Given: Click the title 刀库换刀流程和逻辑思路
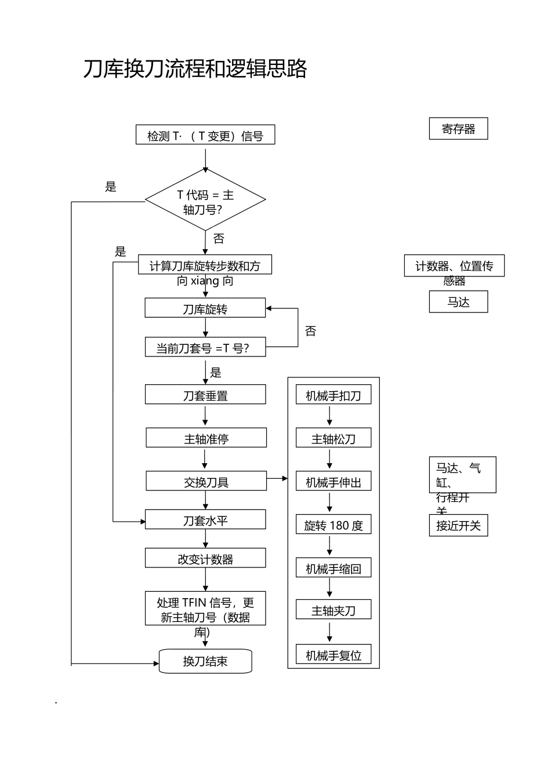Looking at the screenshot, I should [195, 68].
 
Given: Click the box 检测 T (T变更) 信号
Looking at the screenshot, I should [205, 135].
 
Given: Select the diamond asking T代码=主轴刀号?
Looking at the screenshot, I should [205, 200].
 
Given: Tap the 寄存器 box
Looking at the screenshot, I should [458, 129].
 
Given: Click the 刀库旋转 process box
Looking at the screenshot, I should [205, 308].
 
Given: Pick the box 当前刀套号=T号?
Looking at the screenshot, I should [205, 347].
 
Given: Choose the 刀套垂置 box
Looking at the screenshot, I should [205, 395].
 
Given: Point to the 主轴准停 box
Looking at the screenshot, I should [206, 438].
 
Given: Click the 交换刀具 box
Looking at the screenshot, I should [206, 481].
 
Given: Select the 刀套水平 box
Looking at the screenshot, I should [205, 520].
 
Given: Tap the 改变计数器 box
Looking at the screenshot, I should [205, 559].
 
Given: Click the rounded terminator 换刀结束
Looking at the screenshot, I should [205, 661].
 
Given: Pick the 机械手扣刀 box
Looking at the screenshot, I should [333, 395].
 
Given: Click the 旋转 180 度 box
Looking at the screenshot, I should [333, 525].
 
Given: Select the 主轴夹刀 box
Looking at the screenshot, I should [333, 610].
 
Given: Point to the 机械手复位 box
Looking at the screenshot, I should [333, 655].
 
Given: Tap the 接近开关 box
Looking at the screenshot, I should [458, 526].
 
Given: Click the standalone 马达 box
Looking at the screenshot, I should [458, 302].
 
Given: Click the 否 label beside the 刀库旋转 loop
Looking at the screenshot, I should [311, 331].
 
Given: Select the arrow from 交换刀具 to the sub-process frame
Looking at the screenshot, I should [277, 479].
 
